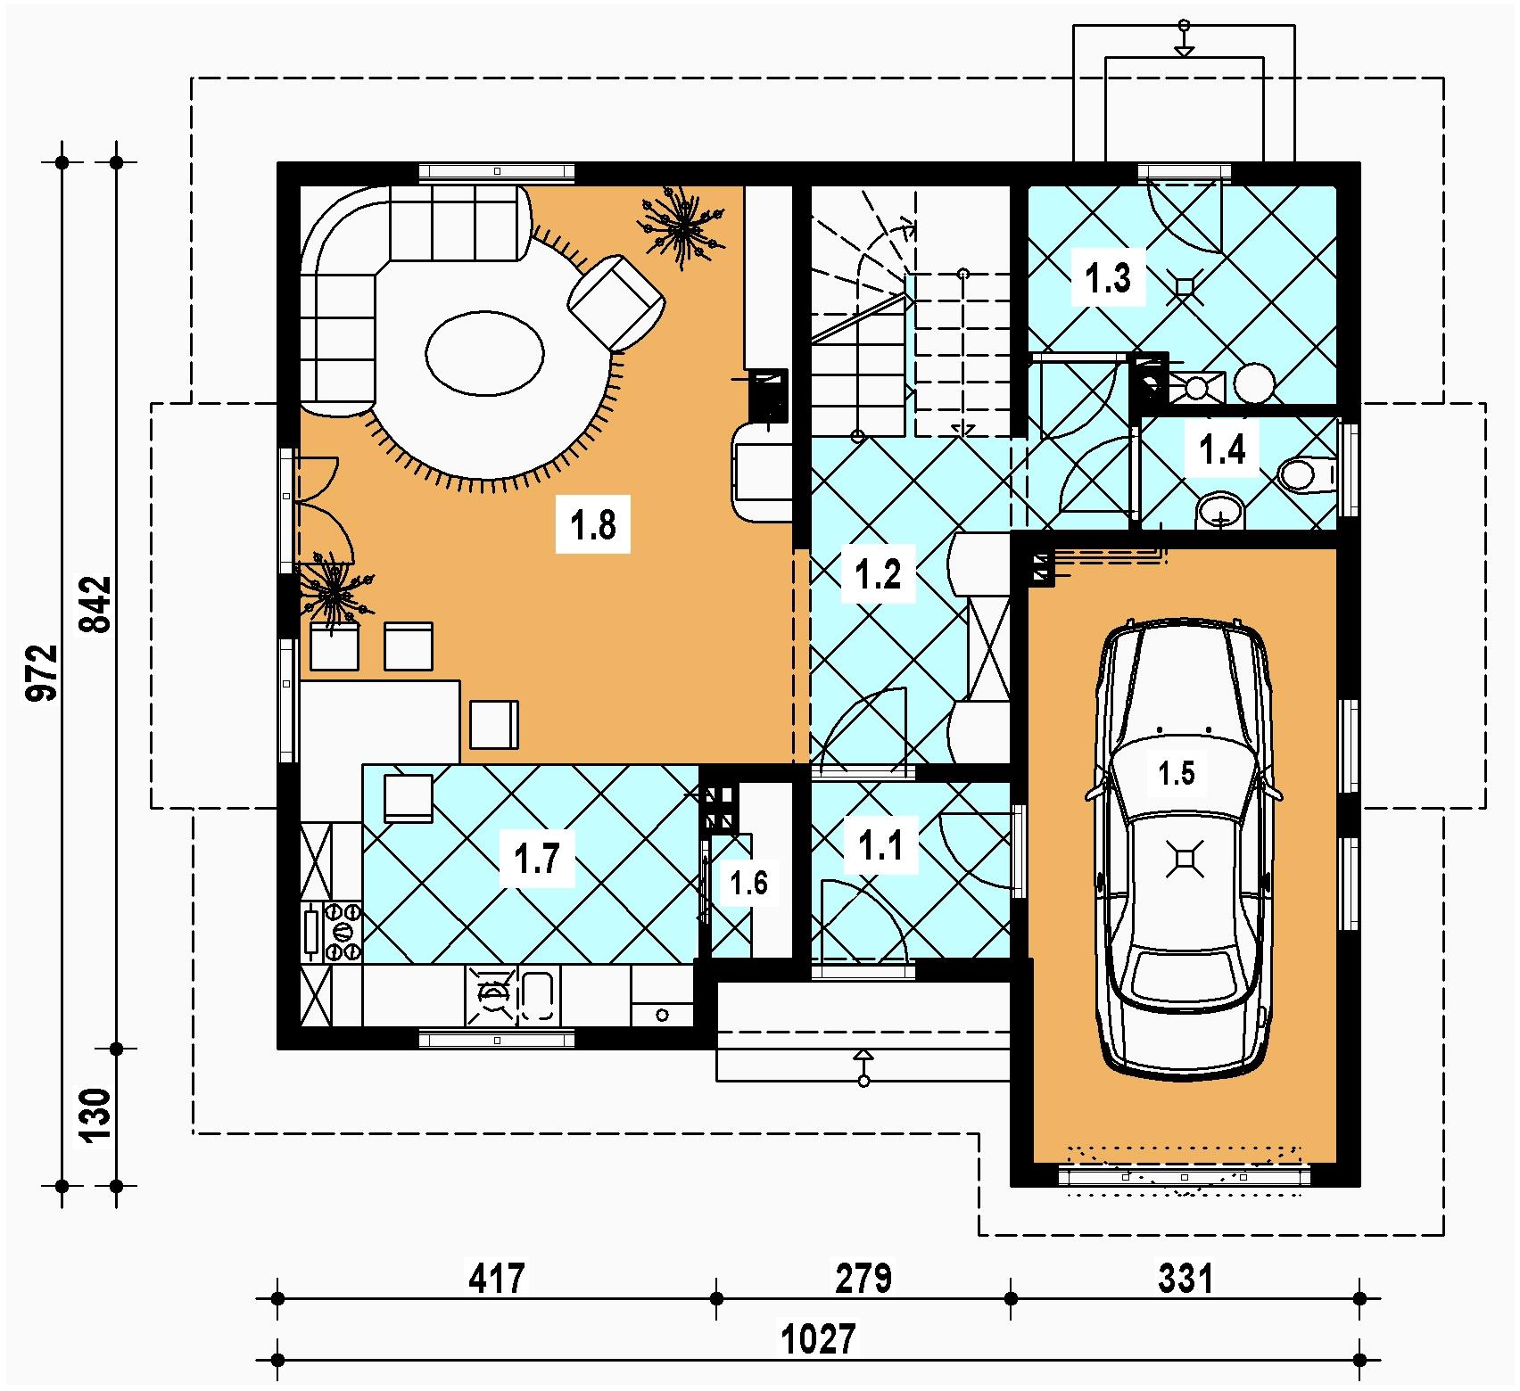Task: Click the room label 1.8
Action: [x=593, y=524]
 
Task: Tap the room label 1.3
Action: [x=1108, y=277]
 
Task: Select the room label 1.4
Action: [x=1222, y=450]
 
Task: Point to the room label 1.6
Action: [x=748, y=883]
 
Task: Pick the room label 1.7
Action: [x=537, y=859]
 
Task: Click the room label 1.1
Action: [x=880, y=844]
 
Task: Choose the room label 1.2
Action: [x=879, y=573]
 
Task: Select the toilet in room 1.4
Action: [x=1306, y=473]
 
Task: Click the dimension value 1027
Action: [x=818, y=1338]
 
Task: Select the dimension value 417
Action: [x=497, y=1279]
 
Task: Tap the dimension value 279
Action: [x=863, y=1279]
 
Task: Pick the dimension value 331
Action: [x=1185, y=1279]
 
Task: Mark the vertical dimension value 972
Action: [x=43, y=673]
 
